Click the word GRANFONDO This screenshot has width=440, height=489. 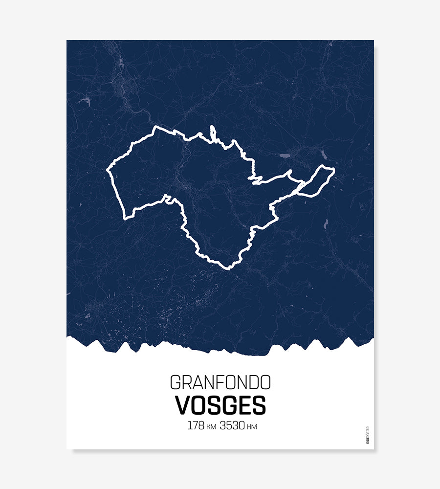click(220, 382)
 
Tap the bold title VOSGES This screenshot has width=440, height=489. click(220, 405)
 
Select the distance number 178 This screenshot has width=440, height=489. click(196, 425)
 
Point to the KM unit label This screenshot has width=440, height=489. click(211, 427)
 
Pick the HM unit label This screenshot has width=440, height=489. click(252, 427)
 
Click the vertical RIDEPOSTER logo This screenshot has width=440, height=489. click(368, 435)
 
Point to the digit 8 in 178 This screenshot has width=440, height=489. click(200, 425)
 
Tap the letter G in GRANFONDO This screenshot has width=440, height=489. click(175, 382)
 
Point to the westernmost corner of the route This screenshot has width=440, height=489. click(108, 171)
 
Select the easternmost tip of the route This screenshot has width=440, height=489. click(334, 170)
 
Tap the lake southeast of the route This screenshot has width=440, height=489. click(325, 224)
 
